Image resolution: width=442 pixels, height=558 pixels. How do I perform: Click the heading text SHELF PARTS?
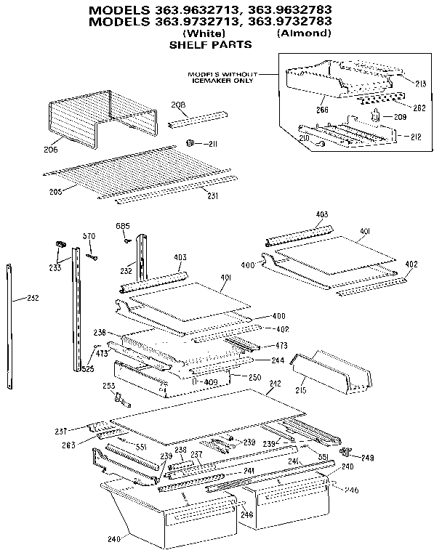(x=210, y=45)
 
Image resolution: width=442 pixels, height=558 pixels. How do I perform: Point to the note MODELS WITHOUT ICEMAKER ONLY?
(x=222, y=77)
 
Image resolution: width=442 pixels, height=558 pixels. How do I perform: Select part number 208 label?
(x=177, y=105)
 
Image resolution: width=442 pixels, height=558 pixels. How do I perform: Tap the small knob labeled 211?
(x=190, y=142)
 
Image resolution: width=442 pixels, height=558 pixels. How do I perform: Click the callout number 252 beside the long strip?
(x=32, y=298)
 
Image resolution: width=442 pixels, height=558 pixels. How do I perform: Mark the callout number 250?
(x=254, y=377)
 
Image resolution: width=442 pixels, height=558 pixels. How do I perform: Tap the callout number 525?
(x=88, y=368)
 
